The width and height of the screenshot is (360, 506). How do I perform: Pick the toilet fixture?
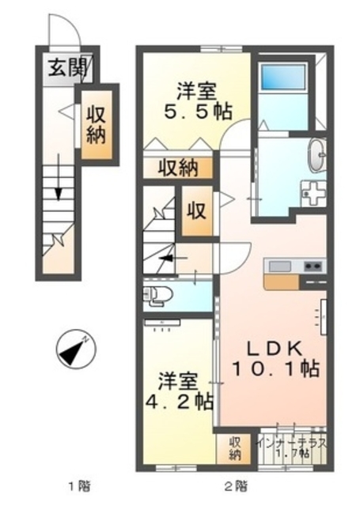156,296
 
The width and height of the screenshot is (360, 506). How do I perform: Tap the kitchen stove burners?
310,265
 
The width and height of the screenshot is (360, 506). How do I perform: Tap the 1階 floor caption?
75,485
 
